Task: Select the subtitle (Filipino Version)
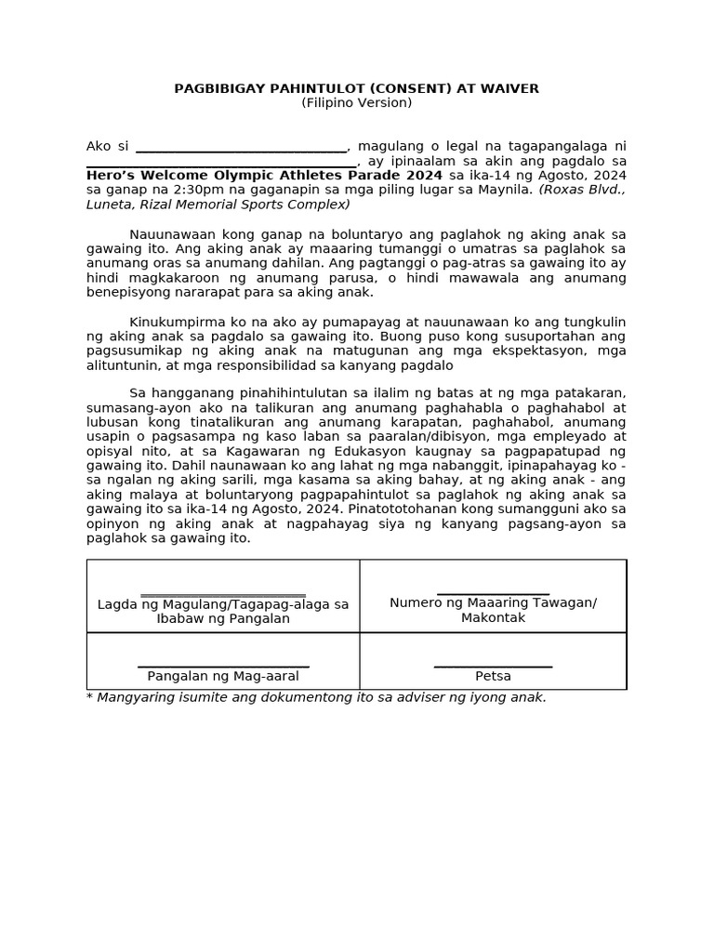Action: point(356,102)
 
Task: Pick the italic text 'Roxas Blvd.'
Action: point(583,190)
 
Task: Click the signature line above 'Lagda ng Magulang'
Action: point(223,595)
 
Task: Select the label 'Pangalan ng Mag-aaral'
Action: point(223,676)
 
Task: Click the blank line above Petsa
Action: point(493,666)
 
